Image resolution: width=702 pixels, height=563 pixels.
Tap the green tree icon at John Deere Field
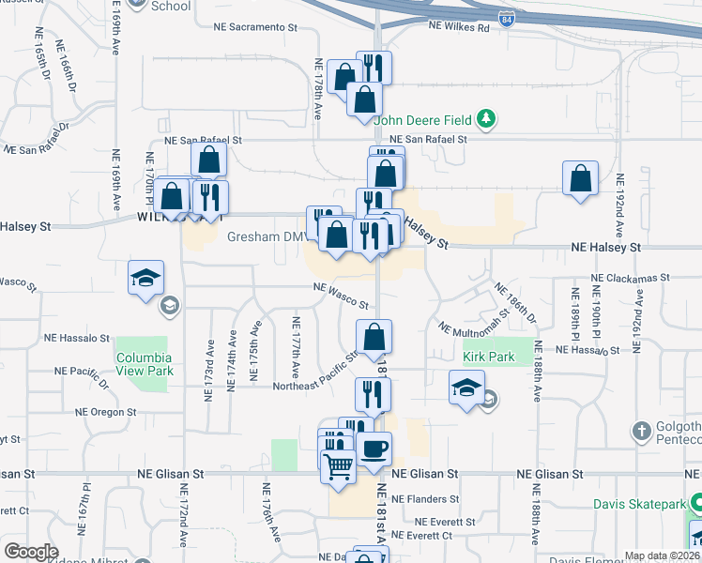click(486, 118)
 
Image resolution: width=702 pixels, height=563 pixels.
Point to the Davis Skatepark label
click(640, 504)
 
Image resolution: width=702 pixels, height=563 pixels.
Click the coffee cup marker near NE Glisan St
click(374, 449)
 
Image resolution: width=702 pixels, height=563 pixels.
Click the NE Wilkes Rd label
click(460, 29)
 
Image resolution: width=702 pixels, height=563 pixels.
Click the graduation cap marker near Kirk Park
click(466, 390)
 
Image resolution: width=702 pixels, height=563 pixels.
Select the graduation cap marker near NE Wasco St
click(147, 279)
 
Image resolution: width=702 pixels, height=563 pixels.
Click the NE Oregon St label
click(105, 412)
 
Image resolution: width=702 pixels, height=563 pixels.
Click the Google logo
click(31, 551)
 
